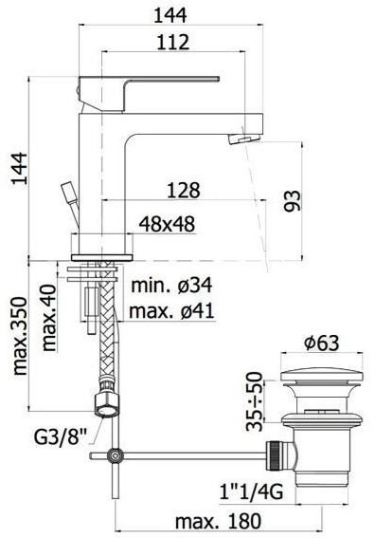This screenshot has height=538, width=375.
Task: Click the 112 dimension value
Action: click(x=173, y=42)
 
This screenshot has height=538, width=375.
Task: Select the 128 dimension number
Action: click(x=183, y=191)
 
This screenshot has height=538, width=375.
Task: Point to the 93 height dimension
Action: click(x=292, y=201)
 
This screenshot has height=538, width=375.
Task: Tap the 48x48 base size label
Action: click(x=167, y=224)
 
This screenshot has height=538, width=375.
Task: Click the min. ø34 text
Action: click(x=172, y=286)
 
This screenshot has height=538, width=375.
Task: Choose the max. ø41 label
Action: click(x=171, y=311)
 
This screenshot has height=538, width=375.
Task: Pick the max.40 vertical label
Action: click(x=48, y=317)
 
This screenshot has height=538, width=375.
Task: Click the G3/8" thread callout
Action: click(x=61, y=437)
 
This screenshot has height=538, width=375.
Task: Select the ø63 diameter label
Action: click(x=322, y=343)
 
